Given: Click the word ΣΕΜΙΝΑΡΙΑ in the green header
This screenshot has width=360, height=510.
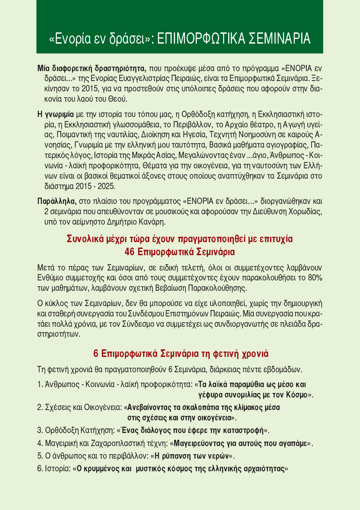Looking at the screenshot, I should click(275, 39).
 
